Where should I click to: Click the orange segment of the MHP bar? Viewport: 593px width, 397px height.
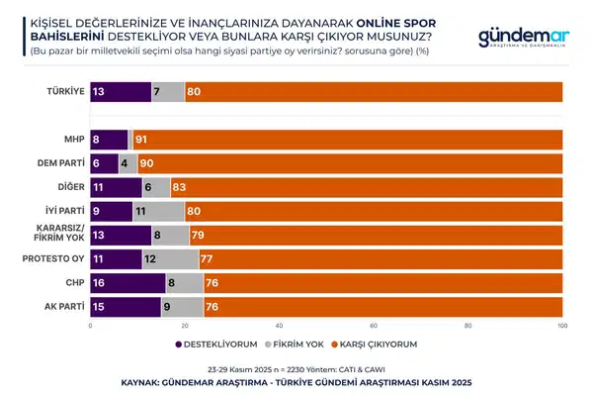[346, 141]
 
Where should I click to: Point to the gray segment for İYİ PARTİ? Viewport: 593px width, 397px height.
[158, 210]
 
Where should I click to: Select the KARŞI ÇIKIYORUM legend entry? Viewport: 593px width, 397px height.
[372, 344]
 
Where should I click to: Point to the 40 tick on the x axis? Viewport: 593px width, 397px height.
[280, 325]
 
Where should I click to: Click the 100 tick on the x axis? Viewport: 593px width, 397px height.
[563, 325]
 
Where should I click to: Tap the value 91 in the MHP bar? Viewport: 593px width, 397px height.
[143, 141]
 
